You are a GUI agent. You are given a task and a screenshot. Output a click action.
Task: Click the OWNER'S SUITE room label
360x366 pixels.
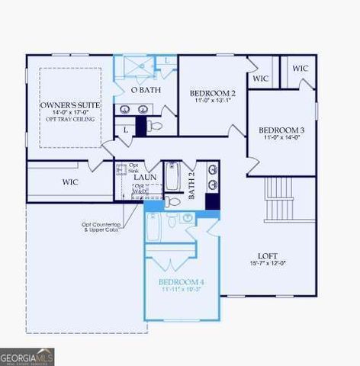click(65, 104)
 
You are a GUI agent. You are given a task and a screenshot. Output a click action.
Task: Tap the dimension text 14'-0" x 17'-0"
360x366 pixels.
click(65, 113)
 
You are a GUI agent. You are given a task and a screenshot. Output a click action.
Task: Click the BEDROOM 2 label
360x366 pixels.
click(212, 93)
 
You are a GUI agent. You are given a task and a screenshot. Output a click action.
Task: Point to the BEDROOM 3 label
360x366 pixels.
click(281, 130)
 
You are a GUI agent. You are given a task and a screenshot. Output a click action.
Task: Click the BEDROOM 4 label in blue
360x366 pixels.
click(182, 281)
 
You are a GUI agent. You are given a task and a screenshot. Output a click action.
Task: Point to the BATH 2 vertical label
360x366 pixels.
click(192, 185)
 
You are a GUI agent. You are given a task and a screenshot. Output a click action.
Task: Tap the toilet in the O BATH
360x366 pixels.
click(156, 125)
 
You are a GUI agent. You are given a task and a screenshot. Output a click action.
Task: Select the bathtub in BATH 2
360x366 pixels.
click(172, 177)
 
